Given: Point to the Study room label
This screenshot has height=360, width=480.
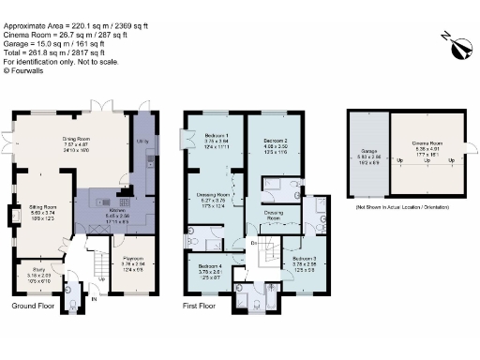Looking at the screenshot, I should tap(37, 272).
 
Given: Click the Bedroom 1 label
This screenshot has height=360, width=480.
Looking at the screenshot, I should tap(217, 137).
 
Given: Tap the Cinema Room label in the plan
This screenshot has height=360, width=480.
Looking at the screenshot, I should tap(426, 143).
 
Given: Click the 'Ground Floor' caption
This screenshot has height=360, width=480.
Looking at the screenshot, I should tap(32, 306).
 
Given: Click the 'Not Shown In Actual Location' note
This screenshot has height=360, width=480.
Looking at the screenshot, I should tap(404, 204).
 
